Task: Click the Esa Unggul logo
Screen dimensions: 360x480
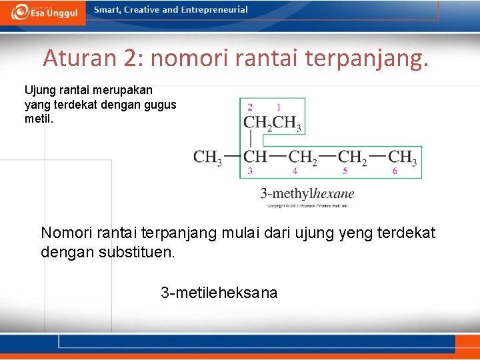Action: tap(45, 11)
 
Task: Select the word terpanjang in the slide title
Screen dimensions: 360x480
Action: tap(365, 59)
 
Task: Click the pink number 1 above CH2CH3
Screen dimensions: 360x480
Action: tap(278, 107)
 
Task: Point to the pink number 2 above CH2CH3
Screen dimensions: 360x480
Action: tap(250, 107)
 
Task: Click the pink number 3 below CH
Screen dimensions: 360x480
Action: tap(250, 171)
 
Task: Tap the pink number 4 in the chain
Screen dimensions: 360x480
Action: tap(295, 171)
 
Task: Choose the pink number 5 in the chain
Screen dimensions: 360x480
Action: tap(345, 171)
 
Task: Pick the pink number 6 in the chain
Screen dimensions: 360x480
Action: tap(395, 171)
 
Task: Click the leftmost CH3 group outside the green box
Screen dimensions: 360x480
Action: tap(207, 157)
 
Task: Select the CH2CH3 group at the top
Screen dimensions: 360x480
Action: tap(273, 123)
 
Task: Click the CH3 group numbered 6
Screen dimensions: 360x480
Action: tap(403, 157)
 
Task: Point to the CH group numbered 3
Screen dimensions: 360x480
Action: tap(255, 157)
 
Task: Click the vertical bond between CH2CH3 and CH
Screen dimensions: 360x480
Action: tap(251, 139)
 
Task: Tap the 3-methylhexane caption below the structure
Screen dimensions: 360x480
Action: tap(307, 194)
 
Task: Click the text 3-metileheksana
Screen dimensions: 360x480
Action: tap(219, 293)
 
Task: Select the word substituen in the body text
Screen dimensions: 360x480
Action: tap(133, 253)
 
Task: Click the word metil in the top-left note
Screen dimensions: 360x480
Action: tap(37, 119)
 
